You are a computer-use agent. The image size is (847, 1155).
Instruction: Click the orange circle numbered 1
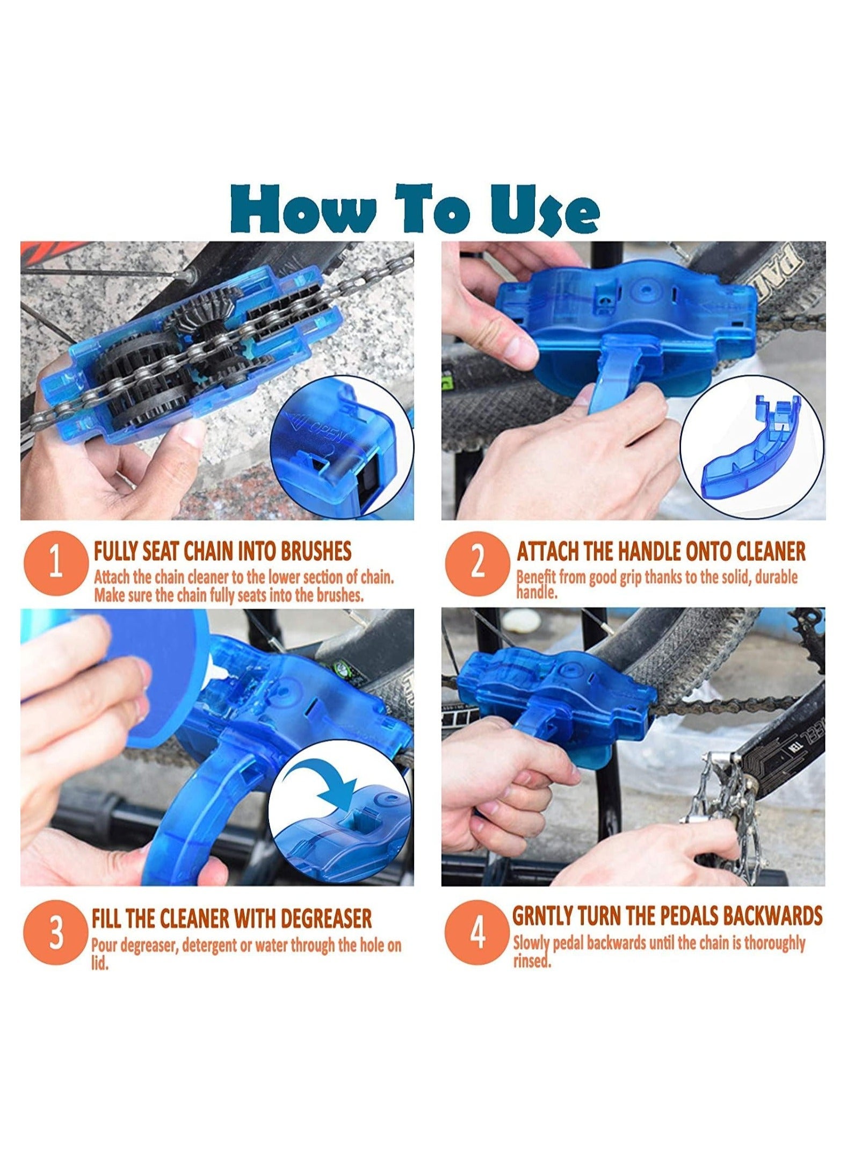pos(55,563)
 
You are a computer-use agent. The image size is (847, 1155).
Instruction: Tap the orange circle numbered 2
pos(477,563)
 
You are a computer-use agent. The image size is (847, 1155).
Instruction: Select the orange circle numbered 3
pos(55,933)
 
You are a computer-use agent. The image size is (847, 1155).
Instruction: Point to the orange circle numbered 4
pos(477,933)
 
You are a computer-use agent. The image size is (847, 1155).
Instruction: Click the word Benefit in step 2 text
pos(536,577)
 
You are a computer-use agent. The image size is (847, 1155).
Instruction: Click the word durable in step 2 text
pos(777,577)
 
